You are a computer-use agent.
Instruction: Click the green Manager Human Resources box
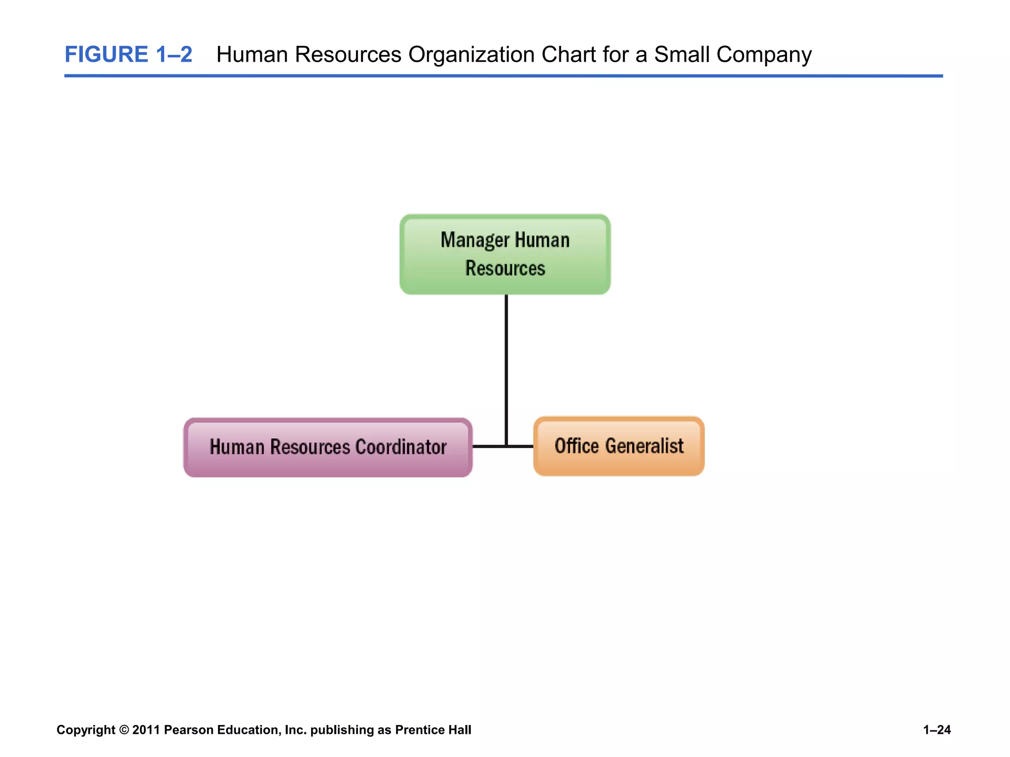(505, 254)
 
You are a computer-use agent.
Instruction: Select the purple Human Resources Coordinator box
(328, 447)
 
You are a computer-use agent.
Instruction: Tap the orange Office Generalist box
(618, 446)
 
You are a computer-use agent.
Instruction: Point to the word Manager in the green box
(474, 241)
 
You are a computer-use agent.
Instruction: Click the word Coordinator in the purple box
(400, 447)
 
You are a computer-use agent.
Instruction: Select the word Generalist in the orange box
(644, 446)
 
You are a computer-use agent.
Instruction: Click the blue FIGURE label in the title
(106, 54)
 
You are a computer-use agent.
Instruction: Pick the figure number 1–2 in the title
(174, 54)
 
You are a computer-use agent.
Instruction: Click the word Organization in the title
(471, 54)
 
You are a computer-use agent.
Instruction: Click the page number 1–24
(937, 730)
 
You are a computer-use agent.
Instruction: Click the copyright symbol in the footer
(124, 730)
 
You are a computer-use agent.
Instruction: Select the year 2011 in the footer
(146, 730)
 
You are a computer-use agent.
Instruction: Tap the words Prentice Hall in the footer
(433, 730)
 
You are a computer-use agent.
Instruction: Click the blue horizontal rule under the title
(503, 76)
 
